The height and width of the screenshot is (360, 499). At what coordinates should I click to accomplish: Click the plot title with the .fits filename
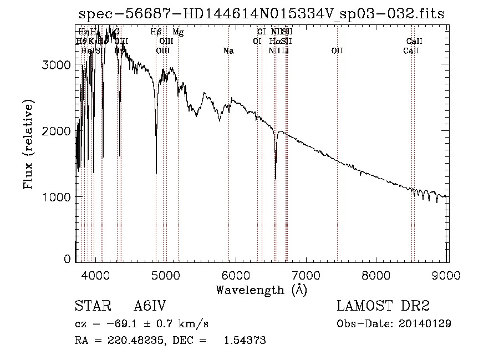(261, 14)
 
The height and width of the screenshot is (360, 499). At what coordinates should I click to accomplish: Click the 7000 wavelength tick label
(306, 274)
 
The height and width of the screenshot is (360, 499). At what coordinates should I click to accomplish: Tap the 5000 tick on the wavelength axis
(165, 274)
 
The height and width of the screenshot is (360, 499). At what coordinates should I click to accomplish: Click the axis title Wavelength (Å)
(261, 289)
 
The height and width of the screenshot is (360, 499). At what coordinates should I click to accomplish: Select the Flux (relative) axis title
(28, 144)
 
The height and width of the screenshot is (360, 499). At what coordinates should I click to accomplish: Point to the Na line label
(228, 51)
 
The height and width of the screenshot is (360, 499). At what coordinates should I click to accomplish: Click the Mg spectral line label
(178, 32)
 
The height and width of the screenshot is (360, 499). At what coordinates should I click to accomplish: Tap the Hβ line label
(156, 32)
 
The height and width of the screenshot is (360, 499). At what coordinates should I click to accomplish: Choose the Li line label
(286, 51)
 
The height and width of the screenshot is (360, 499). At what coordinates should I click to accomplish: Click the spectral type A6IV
(150, 307)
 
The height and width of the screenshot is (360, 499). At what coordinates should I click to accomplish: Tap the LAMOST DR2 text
(383, 307)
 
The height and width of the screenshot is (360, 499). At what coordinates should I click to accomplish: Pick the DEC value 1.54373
(245, 341)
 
